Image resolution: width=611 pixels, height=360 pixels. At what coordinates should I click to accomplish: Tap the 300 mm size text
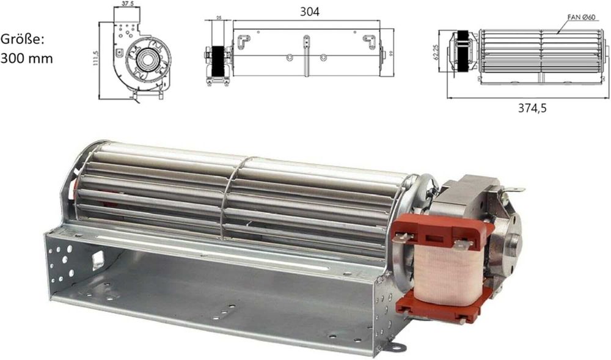click(27, 59)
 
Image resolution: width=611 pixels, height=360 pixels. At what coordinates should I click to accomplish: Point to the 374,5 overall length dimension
click(531, 108)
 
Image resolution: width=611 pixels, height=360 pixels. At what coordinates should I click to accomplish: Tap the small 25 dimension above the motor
click(219, 18)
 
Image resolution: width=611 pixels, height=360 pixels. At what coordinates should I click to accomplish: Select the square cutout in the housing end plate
click(97, 260)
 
